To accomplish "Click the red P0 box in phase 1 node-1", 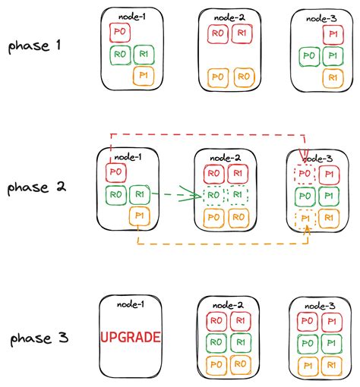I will point(120,32).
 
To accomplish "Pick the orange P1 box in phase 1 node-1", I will point(142,75).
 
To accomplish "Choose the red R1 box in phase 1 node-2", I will point(242,33).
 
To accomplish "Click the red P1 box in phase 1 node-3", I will point(331,34).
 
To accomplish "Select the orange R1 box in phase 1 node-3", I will point(331,77).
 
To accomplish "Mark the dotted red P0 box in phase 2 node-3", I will point(304,174).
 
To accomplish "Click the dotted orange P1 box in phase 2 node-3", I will point(304,219).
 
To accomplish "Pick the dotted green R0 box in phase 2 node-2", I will point(215,196).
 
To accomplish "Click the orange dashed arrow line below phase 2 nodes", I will point(220,244).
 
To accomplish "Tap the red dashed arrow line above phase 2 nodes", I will point(205,135).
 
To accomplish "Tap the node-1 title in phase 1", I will point(131,16).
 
